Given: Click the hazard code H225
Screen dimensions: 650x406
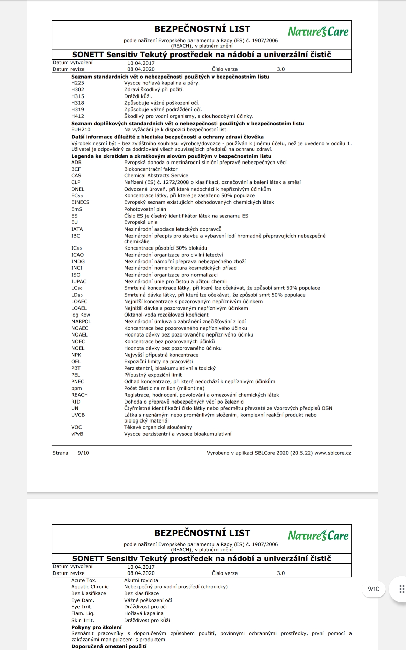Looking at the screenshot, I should point(77,83).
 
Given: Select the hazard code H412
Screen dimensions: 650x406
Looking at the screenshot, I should point(77,116).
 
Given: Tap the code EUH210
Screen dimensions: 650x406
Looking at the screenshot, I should point(81,130).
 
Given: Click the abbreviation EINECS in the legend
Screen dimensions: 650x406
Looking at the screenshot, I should point(80,202).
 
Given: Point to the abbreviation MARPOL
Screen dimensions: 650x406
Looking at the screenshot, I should point(81,322).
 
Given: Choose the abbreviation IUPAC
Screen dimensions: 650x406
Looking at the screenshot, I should point(79,282).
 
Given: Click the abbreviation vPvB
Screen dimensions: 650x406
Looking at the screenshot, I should point(77,434).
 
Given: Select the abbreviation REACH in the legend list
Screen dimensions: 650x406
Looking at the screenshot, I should point(80,395).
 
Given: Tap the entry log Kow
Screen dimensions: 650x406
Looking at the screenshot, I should point(81,315).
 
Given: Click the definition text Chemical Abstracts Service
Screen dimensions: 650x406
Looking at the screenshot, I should point(156,176).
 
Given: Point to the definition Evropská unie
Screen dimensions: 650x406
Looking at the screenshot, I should point(141,222).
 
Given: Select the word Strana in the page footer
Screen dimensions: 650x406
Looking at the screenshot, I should point(60,453).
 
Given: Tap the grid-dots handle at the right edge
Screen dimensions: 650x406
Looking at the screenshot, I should point(402,589).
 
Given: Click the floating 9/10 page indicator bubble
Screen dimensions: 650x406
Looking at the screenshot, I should point(374,589).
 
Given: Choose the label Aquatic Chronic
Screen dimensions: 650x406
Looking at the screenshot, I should point(90,587).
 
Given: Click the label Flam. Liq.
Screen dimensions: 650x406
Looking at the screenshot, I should point(83,613).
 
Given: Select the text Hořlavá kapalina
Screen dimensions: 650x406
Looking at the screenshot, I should point(144,613).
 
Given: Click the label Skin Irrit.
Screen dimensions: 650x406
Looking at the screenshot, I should point(83,620).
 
